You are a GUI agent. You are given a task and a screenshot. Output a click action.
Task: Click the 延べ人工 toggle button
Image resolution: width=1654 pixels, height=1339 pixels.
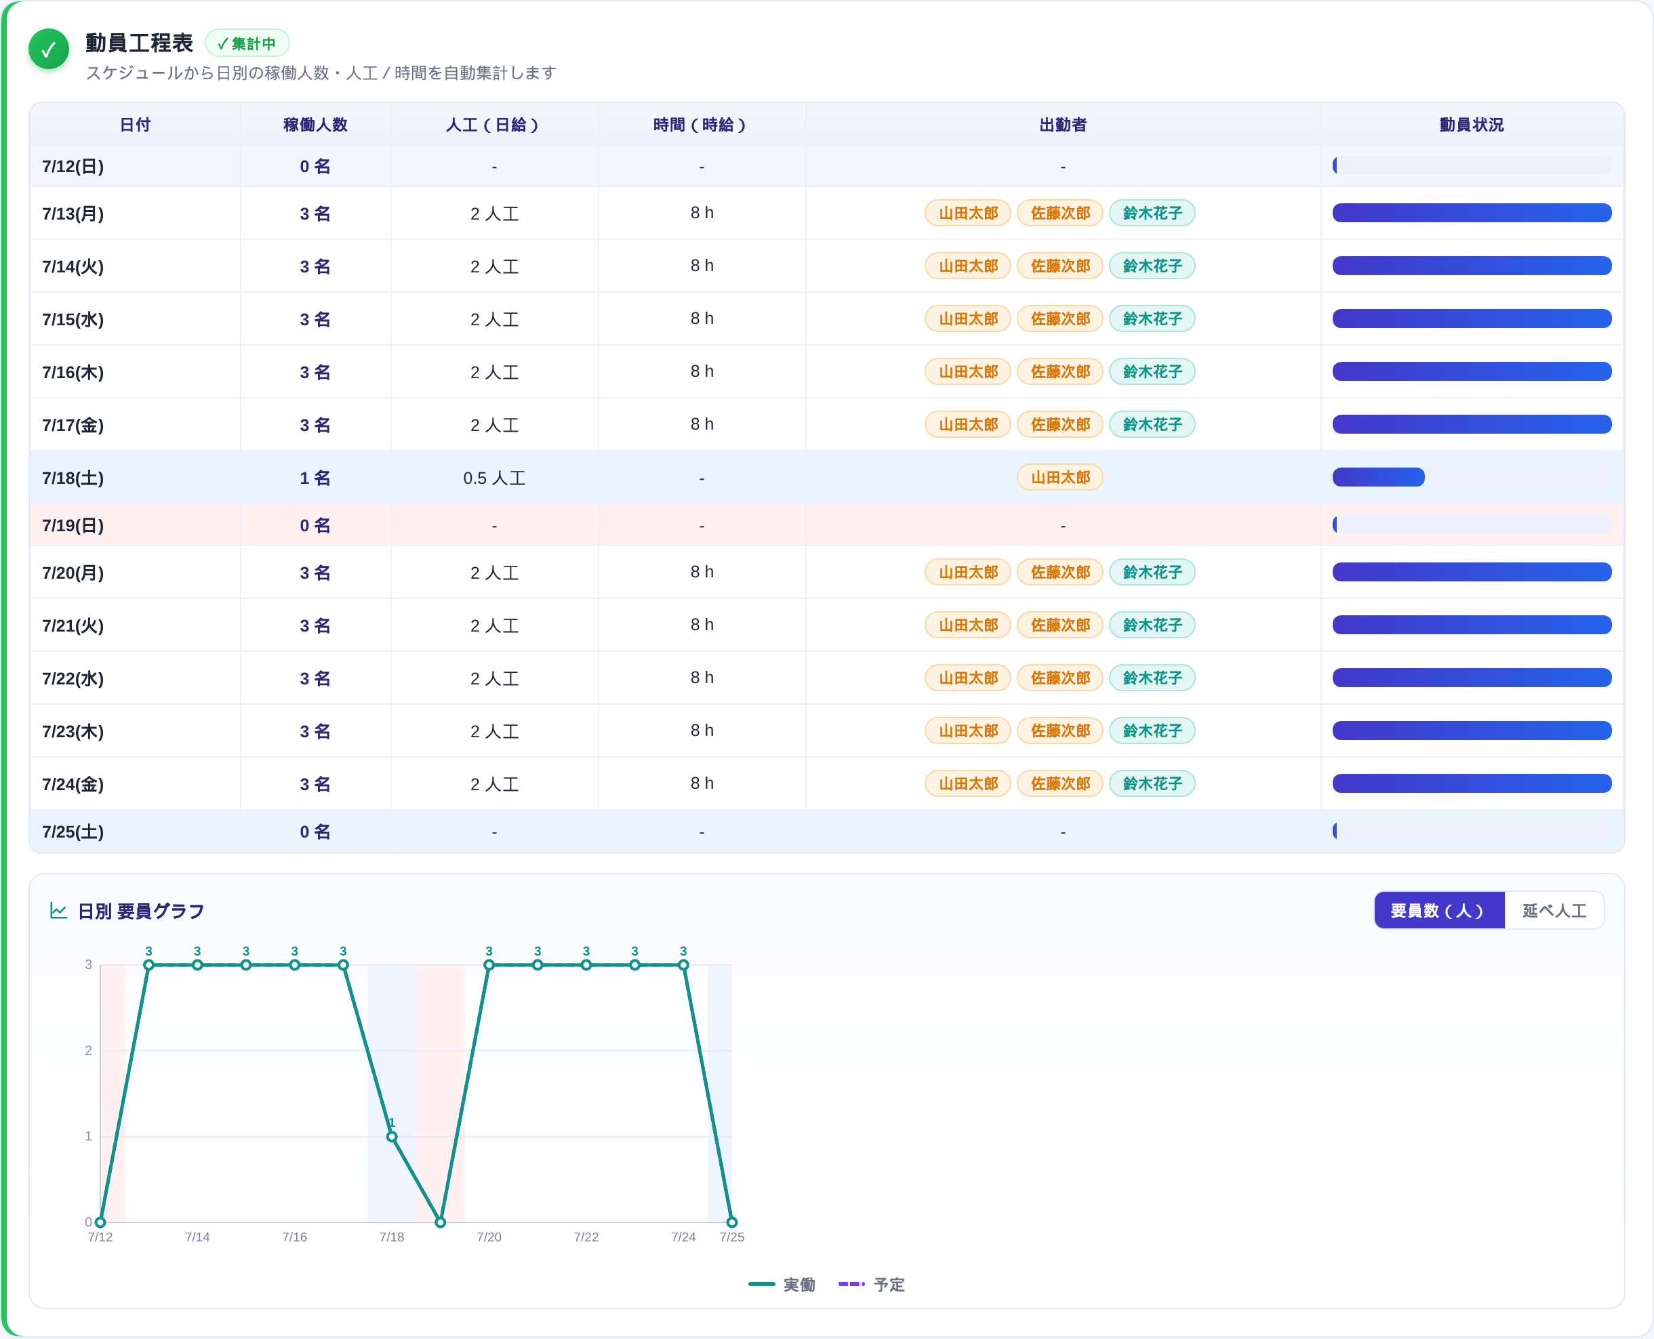[x=1554, y=910]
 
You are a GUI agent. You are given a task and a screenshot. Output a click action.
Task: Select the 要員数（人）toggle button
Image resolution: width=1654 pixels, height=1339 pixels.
[x=1438, y=910]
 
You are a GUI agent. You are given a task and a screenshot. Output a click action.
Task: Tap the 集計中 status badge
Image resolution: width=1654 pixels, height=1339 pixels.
[x=247, y=43]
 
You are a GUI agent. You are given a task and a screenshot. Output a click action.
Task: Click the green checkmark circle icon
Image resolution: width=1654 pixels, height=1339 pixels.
[x=49, y=49]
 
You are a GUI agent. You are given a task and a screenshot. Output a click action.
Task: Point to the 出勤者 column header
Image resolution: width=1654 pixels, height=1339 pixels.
[x=1062, y=125]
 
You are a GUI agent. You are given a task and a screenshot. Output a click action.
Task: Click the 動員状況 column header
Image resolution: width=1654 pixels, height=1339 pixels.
[x=1471, y=125]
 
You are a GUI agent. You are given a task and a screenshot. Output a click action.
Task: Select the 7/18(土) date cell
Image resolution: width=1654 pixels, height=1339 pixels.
[x=73, y=478]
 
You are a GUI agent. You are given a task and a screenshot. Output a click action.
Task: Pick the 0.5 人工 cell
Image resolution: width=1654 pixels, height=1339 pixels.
[x=493, y=478]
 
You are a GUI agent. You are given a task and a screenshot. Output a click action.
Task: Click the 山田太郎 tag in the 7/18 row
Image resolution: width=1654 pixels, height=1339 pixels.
[x=1060, y=478]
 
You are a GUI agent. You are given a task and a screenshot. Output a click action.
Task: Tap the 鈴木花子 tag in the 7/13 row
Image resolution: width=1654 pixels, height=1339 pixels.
[x=1152, y=213]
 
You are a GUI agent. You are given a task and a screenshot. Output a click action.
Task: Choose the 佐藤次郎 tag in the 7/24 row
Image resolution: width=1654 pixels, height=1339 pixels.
[x=1060, y=783]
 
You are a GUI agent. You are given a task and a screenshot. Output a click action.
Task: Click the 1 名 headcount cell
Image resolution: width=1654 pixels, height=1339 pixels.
[x=315, y=478]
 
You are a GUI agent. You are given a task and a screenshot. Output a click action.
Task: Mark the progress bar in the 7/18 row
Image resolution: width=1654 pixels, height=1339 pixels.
[x=1378, y=478]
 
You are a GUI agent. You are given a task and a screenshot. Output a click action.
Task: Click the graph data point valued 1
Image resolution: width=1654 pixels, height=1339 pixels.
[x=392, y=1136]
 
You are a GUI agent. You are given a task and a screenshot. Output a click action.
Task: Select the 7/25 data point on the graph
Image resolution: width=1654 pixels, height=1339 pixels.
[x=732, y=1222]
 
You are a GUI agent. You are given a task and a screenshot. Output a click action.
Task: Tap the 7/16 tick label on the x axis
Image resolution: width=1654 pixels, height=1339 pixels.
[x=295, y=1237]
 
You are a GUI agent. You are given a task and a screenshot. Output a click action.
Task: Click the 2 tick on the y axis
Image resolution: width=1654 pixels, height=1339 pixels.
[x=88, y=1050]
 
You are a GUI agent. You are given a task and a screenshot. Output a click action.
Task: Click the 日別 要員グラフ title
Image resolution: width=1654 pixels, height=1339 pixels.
[x=141, y=911]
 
